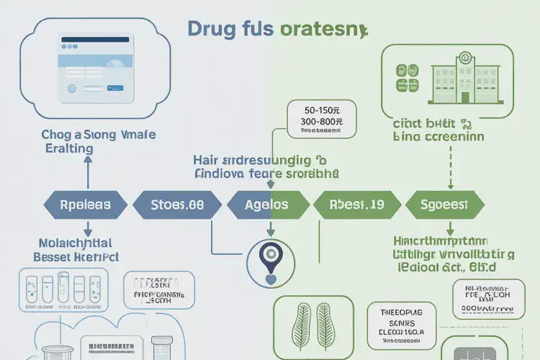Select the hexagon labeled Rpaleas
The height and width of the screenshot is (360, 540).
[x=84, y=204]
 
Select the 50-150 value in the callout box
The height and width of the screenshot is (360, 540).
[x=321, y=111]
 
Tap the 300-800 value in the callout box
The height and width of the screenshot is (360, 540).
[x=321, y=123]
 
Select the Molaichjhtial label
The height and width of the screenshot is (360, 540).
[x=76, y=243]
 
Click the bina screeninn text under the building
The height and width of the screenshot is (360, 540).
[x=438, y=135]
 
